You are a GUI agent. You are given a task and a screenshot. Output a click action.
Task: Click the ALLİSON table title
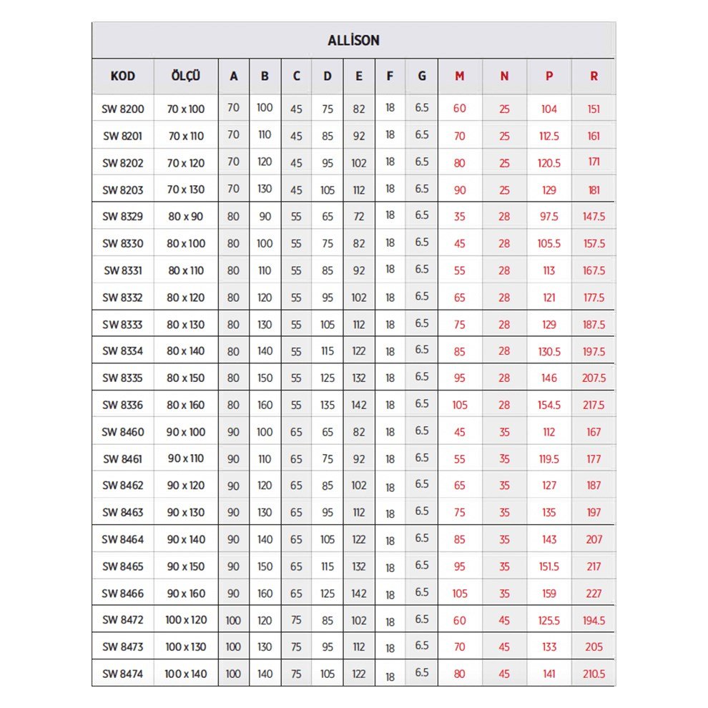point(353,41)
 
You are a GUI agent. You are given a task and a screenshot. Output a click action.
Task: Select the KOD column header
point(123,76)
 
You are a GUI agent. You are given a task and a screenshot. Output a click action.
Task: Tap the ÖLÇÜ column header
point(186,76)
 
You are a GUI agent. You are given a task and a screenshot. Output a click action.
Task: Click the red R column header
point(594,76)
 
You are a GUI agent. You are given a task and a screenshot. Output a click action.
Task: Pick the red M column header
point(459,76)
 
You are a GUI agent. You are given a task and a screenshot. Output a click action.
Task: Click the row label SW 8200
point(123,109)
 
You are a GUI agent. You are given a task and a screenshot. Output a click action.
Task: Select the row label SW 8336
point(123,405)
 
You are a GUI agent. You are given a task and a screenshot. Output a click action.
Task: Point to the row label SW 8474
point(123,674)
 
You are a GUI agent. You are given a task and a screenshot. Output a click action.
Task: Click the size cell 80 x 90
point(186,217)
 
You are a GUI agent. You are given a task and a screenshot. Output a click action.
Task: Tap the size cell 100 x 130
point(186,646)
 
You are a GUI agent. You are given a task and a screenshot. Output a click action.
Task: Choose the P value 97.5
point(549,217)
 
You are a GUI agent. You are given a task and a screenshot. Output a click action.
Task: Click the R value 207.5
point(594,378)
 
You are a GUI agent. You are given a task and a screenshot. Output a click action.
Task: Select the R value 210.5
point(594,674)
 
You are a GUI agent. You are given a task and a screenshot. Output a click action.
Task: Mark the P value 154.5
point(549,405)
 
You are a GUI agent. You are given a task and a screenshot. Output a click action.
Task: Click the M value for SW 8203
point(459,190)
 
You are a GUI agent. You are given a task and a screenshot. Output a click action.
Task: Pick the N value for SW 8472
point(504,620)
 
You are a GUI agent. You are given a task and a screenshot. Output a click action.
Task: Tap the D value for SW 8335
point(328,378)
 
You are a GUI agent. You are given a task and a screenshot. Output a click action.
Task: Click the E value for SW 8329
point(359,217)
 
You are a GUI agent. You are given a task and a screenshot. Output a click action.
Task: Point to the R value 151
point(594,109)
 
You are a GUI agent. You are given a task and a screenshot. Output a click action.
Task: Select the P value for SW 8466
point(549,593)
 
